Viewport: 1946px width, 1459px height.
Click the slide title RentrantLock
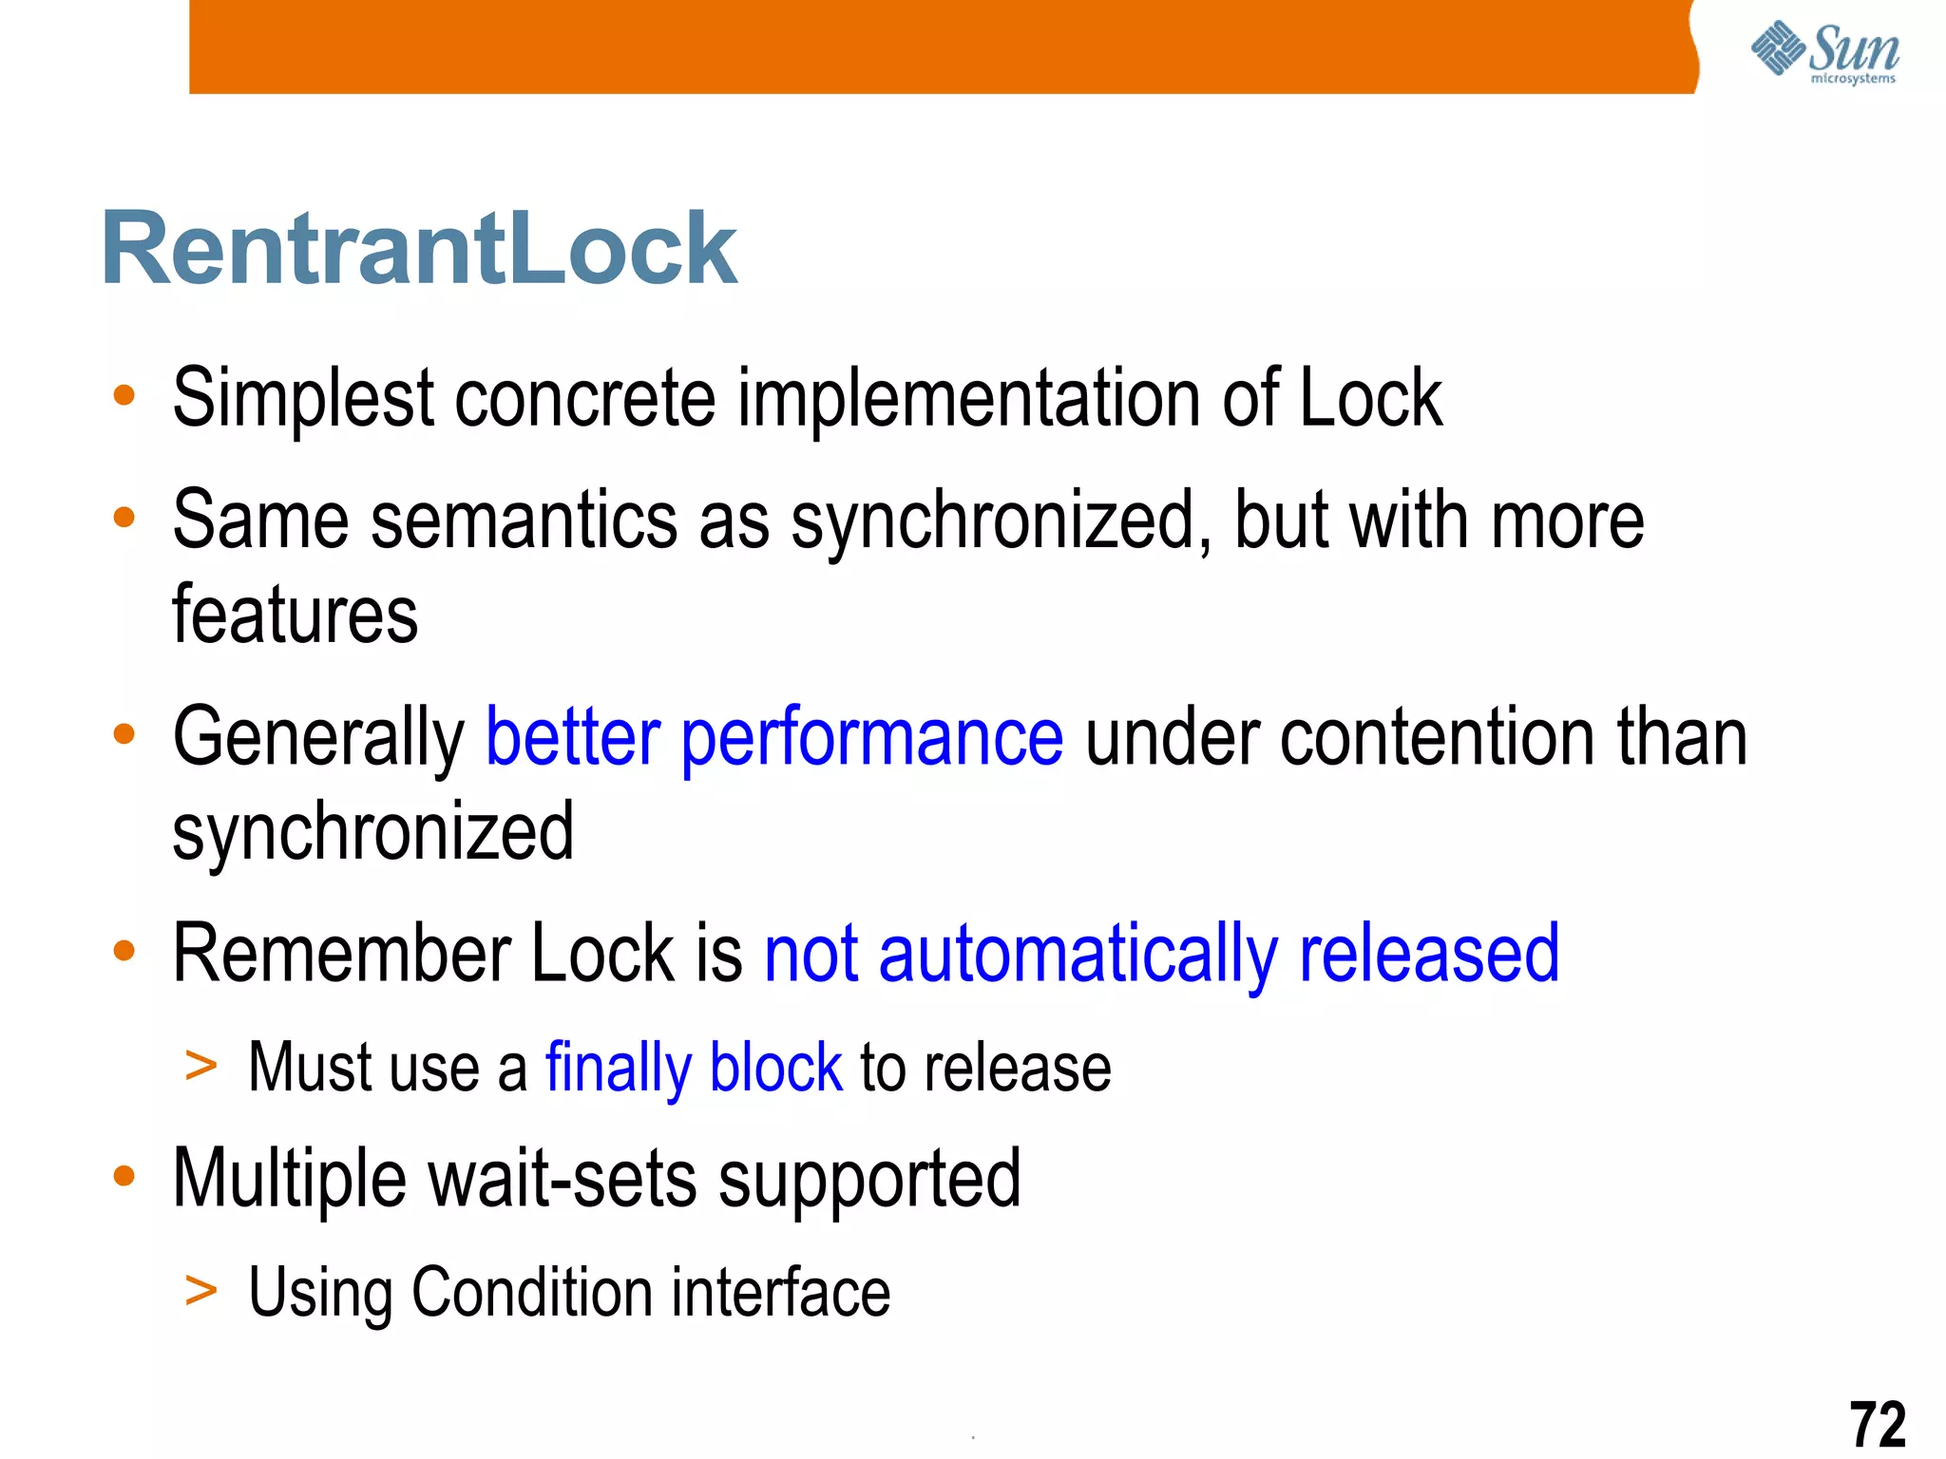point(419,249)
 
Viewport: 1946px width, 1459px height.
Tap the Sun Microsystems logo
point(1824,52)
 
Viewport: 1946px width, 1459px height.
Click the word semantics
point(522,521)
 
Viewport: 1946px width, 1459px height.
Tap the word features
point(295,616)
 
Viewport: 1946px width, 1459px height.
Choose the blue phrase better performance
point(774,738)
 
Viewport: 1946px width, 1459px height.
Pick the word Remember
point(343,954)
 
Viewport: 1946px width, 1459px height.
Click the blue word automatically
point(1078,956)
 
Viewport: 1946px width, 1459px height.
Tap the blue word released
point(1429,954)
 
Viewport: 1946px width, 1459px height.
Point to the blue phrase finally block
point(694,1069)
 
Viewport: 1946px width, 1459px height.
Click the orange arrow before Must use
point(200,1067)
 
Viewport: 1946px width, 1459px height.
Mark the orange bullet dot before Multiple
point(124,1177)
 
